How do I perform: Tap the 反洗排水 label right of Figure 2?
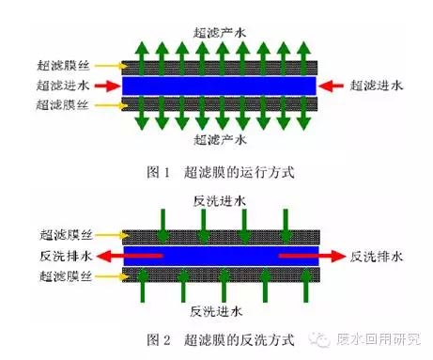coord(377,254)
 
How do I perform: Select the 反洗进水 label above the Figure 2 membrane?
coord(222,200)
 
